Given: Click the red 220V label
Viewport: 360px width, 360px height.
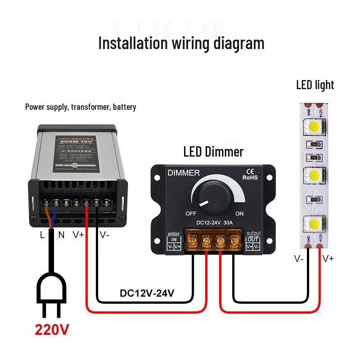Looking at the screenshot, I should point(52,330).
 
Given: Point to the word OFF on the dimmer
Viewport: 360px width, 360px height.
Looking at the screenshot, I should point(191,213).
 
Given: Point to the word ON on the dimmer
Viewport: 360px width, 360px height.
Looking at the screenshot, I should point(239,213).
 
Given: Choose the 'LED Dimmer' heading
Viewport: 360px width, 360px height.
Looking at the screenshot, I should point(213,152).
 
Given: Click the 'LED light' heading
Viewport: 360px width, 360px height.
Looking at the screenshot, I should point(315,85).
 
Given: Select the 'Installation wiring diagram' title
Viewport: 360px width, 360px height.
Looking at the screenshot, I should point(181,43).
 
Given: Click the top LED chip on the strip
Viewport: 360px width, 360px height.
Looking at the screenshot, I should point(315,127).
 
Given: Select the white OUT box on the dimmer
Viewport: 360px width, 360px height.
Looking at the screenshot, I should point(253,239).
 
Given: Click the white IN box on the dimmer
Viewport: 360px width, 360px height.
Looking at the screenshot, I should point(174,239).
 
